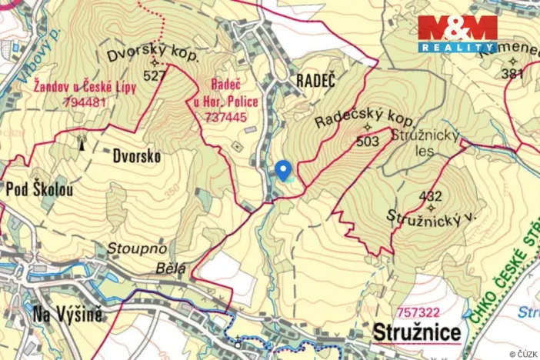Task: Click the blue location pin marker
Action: tap(283, 170)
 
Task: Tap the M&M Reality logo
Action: tap(458, 33)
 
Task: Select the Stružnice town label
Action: tap(418, 333)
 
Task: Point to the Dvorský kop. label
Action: tap(153, 57)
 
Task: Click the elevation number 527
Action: tap(154, 75)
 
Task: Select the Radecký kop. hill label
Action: tap(365, 120)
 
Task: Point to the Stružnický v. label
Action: tap(432, 216)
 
